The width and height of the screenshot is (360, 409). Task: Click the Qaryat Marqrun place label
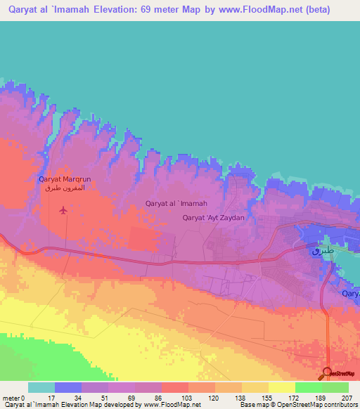[65, 179]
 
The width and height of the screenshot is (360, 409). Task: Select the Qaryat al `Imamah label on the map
[176, 204]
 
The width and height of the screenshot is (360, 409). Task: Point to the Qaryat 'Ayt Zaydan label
[213, 218]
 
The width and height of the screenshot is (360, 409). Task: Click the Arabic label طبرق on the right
[321, 249]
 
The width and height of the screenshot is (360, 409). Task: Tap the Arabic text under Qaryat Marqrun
[65, 188]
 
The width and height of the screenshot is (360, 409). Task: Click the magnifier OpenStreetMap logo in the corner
[328, 372]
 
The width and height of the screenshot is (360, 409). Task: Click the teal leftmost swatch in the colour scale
[41, 387]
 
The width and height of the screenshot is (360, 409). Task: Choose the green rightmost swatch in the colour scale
[335, 387]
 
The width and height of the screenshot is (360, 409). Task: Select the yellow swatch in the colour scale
[281, 387]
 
